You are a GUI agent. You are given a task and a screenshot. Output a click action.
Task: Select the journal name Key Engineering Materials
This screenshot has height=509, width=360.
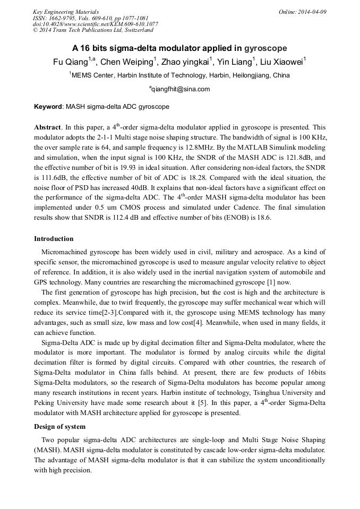click(66, 12)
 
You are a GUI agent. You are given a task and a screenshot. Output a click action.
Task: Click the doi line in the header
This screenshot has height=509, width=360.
click(95, 24)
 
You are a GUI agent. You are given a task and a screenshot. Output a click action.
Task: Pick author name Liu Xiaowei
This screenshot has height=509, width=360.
click(281, 62)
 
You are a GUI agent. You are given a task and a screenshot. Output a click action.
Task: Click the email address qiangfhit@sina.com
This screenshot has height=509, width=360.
click(181, 89)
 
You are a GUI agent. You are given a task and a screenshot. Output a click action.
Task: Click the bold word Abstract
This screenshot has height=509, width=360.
click(48, 128)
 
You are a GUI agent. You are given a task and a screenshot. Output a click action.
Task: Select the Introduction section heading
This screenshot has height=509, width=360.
click(54, 239)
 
